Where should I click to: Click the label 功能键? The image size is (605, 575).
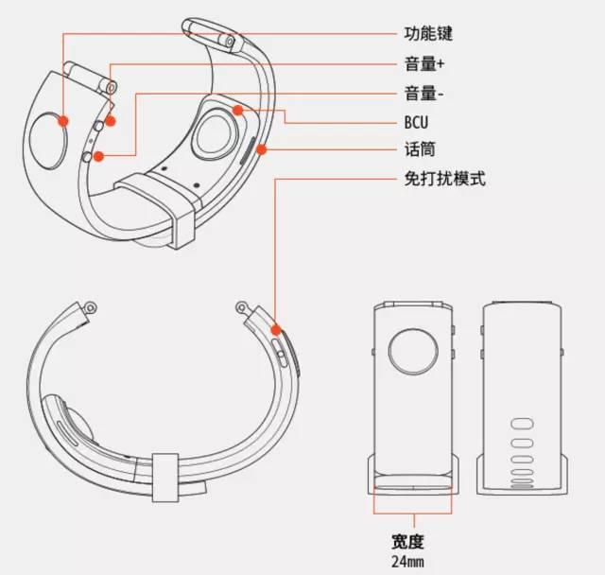pos(428,34)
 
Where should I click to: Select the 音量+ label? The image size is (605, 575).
pos(424,63)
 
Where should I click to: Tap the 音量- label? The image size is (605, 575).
pos(424,94)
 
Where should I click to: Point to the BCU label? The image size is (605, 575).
pos(416,122)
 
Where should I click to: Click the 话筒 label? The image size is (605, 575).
pos(420,149)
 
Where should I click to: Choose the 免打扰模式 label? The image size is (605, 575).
pos(445,179)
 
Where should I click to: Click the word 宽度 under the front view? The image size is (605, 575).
pos(407,542)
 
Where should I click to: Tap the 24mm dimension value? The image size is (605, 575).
pos(407,562)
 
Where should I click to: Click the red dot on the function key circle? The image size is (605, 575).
pos(63,122)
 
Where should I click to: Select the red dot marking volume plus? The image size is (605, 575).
pos(111,122)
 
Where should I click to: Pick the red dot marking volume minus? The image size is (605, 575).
pos(99,156)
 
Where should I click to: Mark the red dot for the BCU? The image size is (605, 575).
pos(238,111)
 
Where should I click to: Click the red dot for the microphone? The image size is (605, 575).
pos(262,149)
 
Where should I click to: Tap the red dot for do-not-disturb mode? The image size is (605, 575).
pos(275,330)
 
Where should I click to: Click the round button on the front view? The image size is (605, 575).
pos(413,352)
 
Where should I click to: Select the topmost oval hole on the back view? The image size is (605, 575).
pos(522,424)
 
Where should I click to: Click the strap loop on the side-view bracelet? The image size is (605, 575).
pos(165,478)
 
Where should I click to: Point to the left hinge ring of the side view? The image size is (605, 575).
pos(91,307)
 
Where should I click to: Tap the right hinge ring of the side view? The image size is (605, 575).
pos(242,307)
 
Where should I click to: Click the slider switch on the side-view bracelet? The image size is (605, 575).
pos(280,353)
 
